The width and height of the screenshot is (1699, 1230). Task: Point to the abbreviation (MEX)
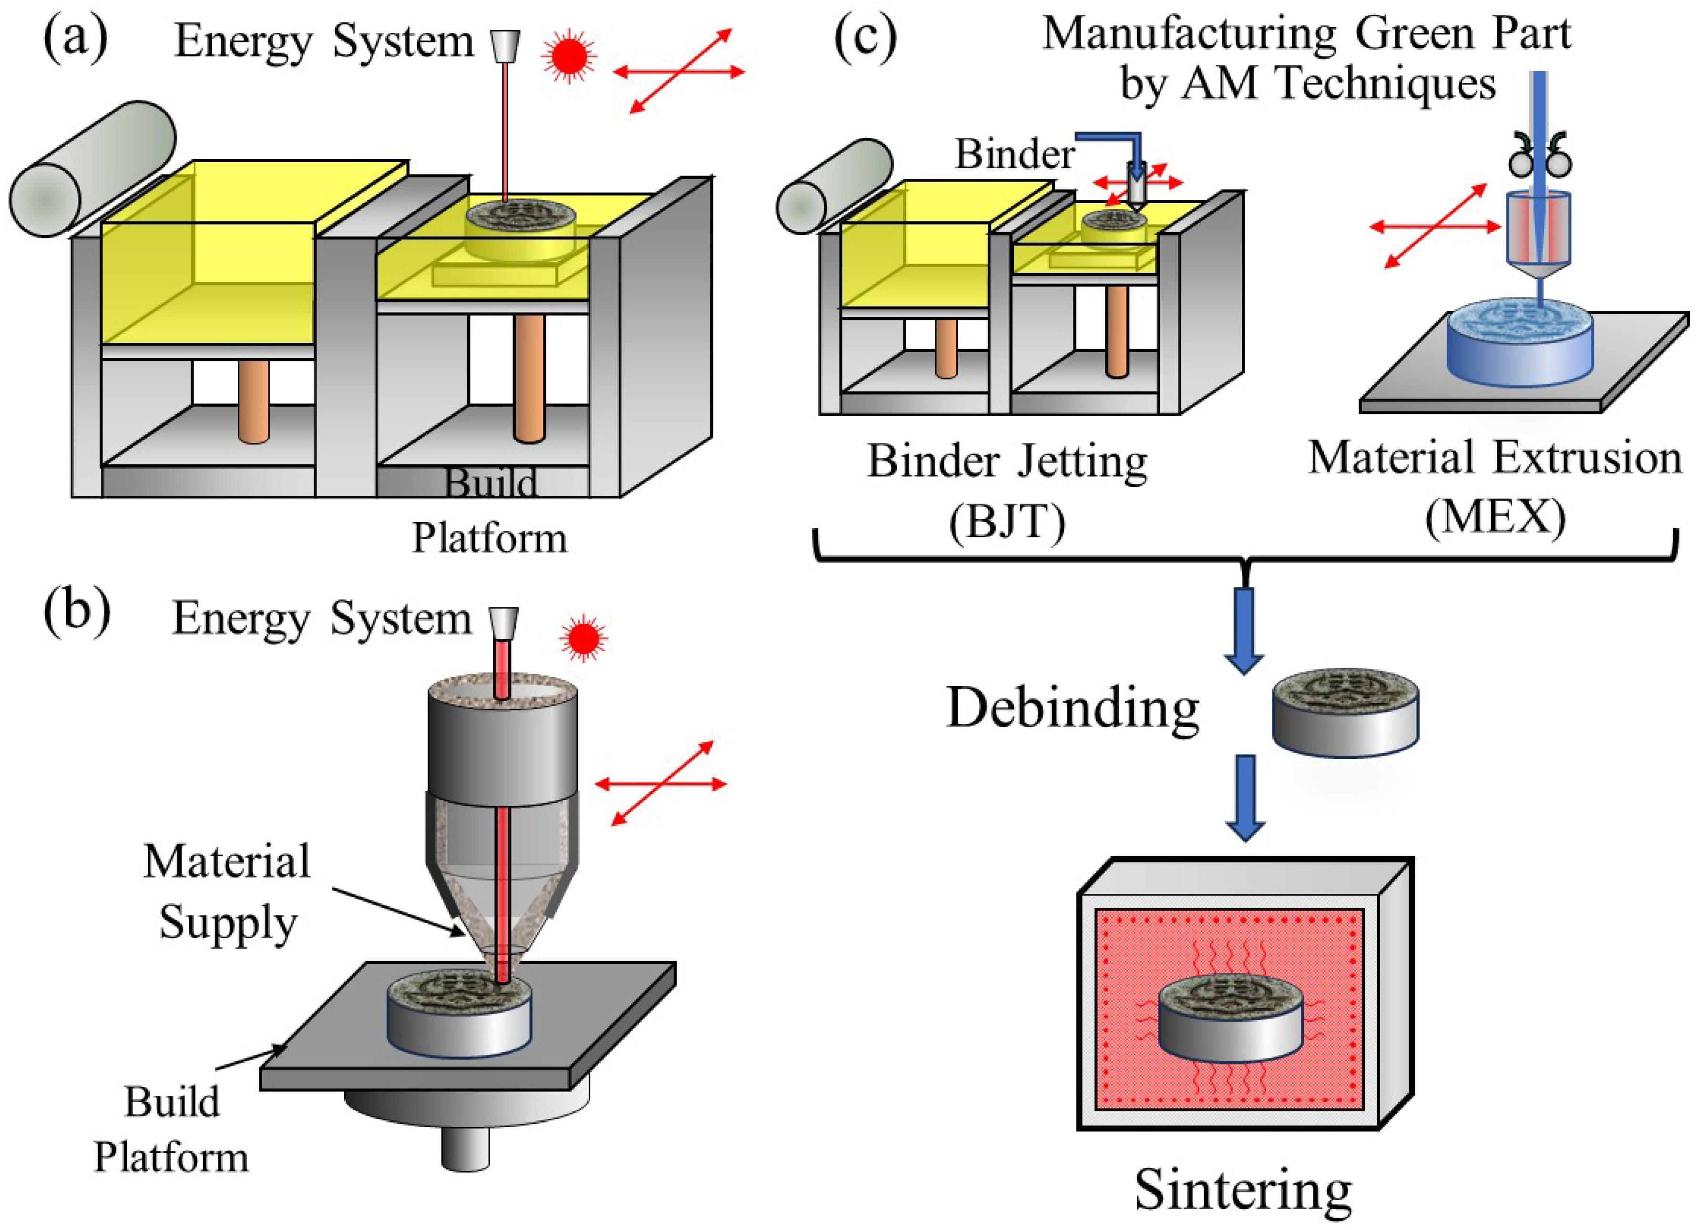point(1494,516)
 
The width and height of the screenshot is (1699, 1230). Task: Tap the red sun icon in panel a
point(569,55)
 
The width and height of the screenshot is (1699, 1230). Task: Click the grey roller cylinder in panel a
point(92,169)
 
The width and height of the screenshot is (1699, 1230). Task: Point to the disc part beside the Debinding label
point(1346,714)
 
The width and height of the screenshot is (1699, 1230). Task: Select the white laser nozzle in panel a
point(506,44)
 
